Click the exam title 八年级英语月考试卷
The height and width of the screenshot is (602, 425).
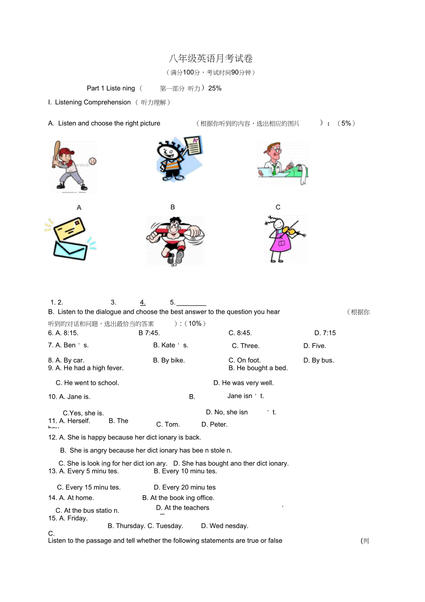pyautogui.click(x=211, y=59)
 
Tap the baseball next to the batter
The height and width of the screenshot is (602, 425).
pyautogui.click(x=92, y=162)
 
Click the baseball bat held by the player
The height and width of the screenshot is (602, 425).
pyautogui.click(x=55, y=152)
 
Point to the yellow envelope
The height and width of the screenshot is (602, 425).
pyautogui.click(x=69, y=229)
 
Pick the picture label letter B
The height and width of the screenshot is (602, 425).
pyautogui.click(x=173, y=207)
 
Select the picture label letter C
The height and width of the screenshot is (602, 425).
pyautogui.click(x=278, y=207)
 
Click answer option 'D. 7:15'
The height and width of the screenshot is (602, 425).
pyautogui.click(x=325, y=333)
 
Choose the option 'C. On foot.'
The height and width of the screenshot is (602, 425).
pyautogui.click(x=245, y=360)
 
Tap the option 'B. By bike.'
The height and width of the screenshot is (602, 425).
pyautogui.click(x=169, y=360)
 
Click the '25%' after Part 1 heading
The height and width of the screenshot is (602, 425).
pyautogui.click(x=215, y=88)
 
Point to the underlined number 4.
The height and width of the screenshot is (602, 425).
pyautogui.click(x=143, y=303)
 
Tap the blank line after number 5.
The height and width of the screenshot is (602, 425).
pyautogui.click(x=191, y=304)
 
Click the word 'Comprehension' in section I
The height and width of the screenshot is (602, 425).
pyautogui.click(x=107, y=102)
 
